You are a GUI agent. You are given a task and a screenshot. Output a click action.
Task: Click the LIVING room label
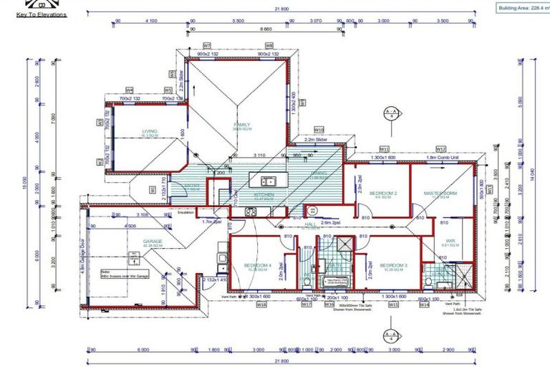point(149,131)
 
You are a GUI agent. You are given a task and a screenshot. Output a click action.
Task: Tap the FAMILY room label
point(242,125)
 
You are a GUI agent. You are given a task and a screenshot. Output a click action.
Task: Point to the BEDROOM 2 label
point(383,194)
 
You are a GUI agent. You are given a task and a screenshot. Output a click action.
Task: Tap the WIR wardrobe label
point(450,241)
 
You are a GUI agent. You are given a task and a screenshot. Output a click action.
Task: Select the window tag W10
point(319,130)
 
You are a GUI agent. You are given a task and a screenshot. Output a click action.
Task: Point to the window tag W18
point(262,304)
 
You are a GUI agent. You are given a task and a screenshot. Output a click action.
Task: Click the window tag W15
point(393,304)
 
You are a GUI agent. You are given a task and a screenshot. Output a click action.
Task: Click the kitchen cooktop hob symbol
point(252,211)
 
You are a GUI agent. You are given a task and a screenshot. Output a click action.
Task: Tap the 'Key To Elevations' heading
point(42,14)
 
